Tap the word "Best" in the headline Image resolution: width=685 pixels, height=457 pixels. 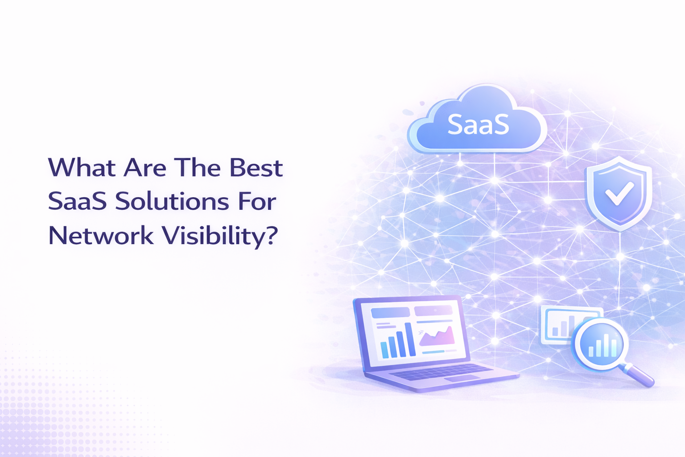[x=256, y=168]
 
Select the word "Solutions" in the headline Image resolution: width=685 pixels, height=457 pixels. [x=172, y=202]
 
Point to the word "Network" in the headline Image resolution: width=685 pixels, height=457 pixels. [x=101, y=236]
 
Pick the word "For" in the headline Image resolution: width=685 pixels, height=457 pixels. [x=257, y=202]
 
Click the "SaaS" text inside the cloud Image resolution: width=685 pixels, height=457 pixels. [x=478, y=125]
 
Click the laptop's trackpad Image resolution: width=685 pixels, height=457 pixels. [x=462, y=378]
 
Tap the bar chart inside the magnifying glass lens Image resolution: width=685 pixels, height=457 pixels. [x=602, y=345]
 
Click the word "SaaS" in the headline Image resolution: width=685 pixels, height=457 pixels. [x=77, y=202]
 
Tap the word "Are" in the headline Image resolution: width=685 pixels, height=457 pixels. [x=145, y=168]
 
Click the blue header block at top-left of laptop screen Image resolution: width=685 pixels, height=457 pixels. [x=390, y=313]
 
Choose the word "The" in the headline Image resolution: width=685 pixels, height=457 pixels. [x=197, y=168]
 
